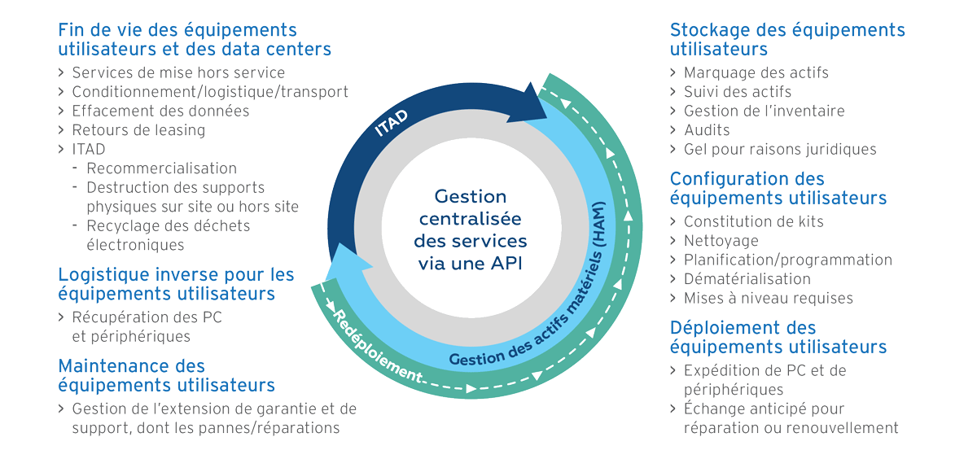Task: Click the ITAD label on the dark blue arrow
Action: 392,122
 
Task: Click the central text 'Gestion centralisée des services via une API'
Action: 471,230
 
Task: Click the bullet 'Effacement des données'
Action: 160,111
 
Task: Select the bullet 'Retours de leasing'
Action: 138,130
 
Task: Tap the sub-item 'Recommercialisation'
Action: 161,168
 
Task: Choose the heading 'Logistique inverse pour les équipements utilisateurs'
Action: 176,284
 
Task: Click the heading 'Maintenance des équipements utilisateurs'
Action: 166,375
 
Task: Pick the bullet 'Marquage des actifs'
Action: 756,72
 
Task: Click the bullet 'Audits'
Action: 707,130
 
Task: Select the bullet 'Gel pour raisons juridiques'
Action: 779,149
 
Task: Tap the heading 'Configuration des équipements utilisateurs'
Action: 778,188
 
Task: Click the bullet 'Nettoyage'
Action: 721,240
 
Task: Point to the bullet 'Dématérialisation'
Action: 747,278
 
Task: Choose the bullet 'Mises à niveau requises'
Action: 768,298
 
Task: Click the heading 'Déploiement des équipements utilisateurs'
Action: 778,337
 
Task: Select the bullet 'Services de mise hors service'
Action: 178,72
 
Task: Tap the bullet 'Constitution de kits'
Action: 753,221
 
